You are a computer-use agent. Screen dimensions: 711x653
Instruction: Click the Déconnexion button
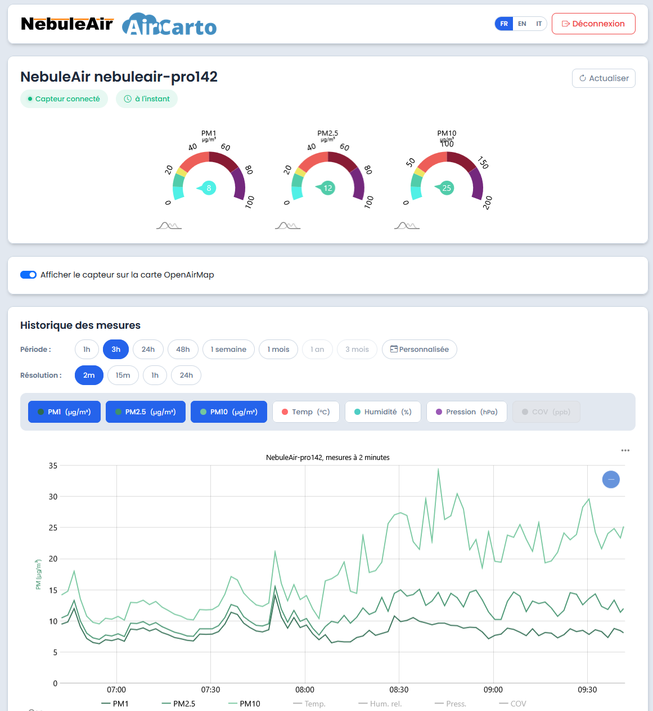(x=593, y=24)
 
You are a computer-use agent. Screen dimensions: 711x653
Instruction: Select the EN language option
(x=522, y=24)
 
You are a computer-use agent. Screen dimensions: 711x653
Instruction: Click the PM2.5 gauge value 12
(x=328, y=188)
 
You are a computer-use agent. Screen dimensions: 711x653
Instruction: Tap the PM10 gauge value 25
(x=447, y=188)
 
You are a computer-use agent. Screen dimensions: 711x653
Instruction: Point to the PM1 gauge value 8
(x=209, y=188)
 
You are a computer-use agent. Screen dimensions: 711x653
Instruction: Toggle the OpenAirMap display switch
(x=28, y=275)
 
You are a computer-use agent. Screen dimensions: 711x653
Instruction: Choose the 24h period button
(x=148, y=349)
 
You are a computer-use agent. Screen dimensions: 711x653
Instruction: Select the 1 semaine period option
(x=228, y=349)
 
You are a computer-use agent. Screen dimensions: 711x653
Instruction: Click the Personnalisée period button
(x=419, y=349)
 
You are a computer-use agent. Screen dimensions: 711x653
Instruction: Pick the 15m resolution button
(x=123, y=375)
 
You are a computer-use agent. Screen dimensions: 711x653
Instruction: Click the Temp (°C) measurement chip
(x=305, y=412)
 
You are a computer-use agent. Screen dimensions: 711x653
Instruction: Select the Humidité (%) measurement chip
(x=382, y=412)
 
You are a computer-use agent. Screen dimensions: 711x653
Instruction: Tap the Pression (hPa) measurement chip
(x=466, y=412)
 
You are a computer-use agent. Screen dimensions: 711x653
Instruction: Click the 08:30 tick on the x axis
(x=399, y=690)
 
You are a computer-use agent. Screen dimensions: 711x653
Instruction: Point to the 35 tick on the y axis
(x=53, y=466)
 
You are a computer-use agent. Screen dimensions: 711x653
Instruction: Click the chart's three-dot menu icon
(x=625, y=450)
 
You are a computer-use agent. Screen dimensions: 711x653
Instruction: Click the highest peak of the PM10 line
(x=438, y=469)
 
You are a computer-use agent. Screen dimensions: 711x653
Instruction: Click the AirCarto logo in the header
(x=169, y=25)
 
